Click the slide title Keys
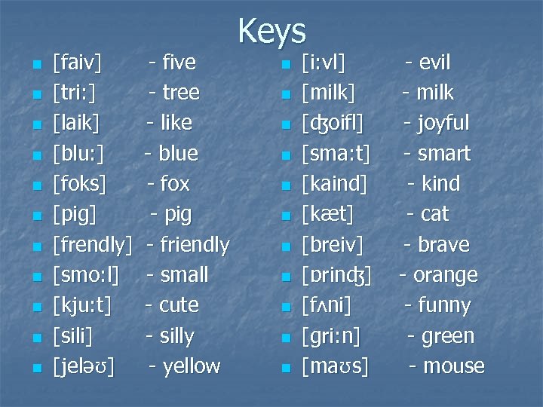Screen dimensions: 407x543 point(271,32)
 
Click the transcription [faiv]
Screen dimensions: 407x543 point(78,63)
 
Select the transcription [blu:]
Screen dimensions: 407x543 point(78,154)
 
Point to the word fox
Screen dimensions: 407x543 point(175,184)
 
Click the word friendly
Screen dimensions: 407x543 point(193,245)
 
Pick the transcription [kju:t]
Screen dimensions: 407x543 point(82,306)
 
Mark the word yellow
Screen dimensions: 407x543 point(191,367)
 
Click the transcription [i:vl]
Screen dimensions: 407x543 point(323,63)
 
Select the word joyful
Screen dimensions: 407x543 point(442,123)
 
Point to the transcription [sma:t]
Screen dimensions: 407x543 point(336,154)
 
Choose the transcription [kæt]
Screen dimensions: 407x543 point(327,215)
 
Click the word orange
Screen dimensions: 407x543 point(445,276)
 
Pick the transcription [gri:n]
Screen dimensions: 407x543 point(330,336)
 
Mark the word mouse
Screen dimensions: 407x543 point(453,367)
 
